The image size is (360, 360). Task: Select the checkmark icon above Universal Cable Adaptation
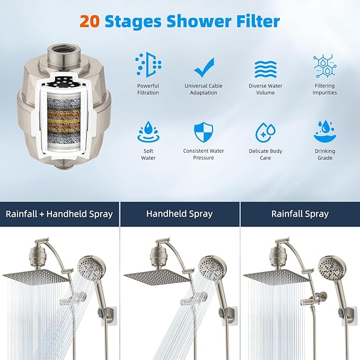click(x=204, y=67)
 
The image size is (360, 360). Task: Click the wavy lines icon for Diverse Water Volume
click(x=265, y=68)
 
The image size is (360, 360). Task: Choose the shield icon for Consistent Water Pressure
click(x=204, y=133)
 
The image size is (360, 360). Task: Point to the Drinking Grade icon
click(x=324, y=132)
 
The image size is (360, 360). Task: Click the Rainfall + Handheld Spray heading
click(x=59, y=214)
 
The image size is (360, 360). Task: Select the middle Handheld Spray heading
click(x=179, y=214)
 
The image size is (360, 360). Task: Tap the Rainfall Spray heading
click(x=300, y=214)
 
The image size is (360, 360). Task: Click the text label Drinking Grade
click(x=324, y=154)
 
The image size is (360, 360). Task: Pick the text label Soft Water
click(x=148, y=154)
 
